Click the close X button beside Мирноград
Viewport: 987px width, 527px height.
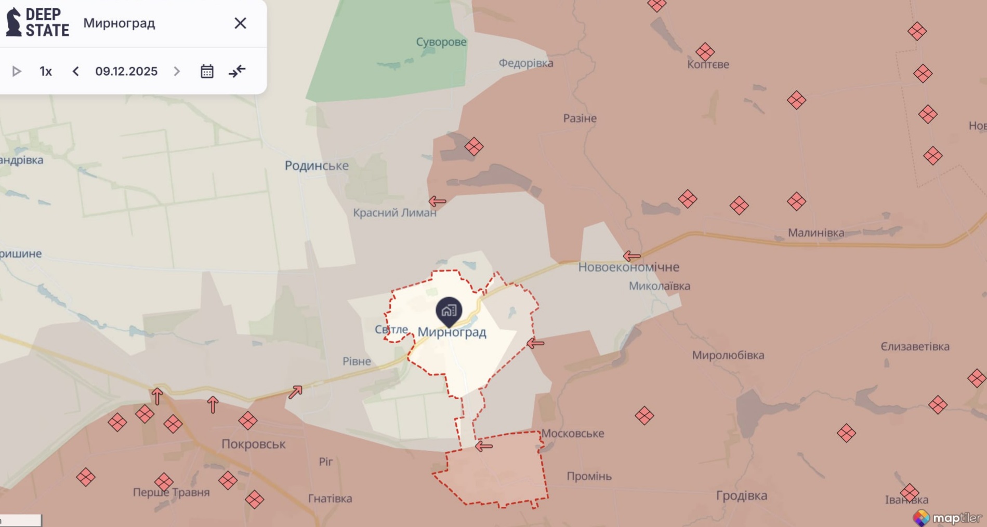click(x=240, y=23)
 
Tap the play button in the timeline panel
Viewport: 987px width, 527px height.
click(x=17, y=71)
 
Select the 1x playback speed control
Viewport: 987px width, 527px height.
click(x=46, y=71)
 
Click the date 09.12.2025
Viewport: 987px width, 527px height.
click(x=126, y=71)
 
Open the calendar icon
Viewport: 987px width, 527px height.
click(x=207, y=71)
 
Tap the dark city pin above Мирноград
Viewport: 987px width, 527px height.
click(x=449, y=310)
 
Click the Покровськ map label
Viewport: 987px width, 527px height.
click(x=253, y=444)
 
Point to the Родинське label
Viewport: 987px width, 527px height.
click(x=317, y=166)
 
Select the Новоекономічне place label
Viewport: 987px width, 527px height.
click(x=628, y=267)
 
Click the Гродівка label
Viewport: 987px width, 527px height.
click(x=741, y=495)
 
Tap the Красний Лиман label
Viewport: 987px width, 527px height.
click(x=394, y=212)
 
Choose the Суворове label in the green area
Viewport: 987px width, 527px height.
click(x=441, y=42)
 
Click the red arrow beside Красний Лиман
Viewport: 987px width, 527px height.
click(x=437, y=201)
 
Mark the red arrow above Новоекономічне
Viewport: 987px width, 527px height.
click(x=631, y=255)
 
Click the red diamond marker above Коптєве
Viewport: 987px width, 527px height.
click(x=705, y=51)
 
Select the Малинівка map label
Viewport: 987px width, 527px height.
click(x=815, y=233)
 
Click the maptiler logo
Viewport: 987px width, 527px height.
click(x=947, y=518)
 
